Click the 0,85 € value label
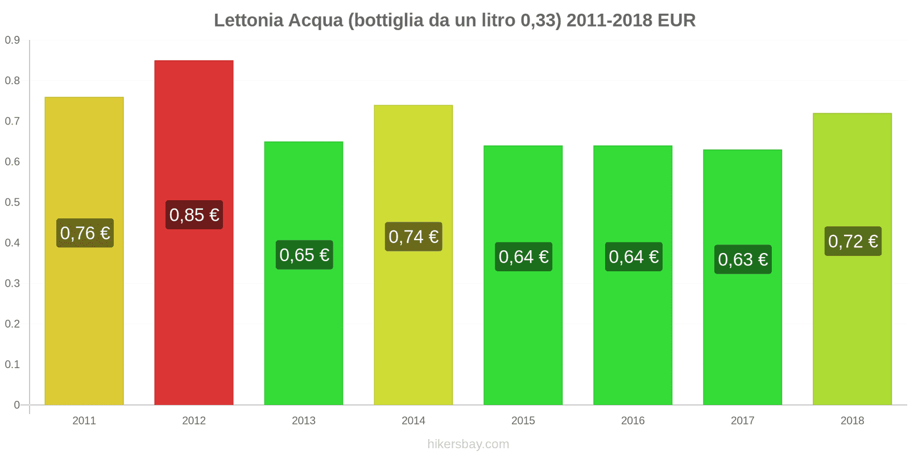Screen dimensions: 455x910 (x=194, y=215)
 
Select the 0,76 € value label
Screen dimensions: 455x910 (x=85, y=233)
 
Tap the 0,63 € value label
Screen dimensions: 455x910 (x=743, y=259)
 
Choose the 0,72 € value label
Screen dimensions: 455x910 (x=853, y=241)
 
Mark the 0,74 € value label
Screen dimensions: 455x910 (x=413, y=237)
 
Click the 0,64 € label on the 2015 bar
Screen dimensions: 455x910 (x=523, y=257)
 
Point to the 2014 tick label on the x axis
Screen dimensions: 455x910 (x=413, y=421)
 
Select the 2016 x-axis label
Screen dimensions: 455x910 (x=632, y=421)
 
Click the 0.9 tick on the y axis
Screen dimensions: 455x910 (x=13, y=40)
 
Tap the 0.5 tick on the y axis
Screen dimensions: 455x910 (x=13, y=202)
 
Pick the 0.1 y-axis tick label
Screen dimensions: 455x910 (x=13, y=365)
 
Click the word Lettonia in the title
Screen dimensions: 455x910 (x=248, y=20)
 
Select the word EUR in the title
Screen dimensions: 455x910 (x=676, y=20)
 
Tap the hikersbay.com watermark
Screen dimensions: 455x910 (x=468, y=444)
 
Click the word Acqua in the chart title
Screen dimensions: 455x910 (x=316, y=20)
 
